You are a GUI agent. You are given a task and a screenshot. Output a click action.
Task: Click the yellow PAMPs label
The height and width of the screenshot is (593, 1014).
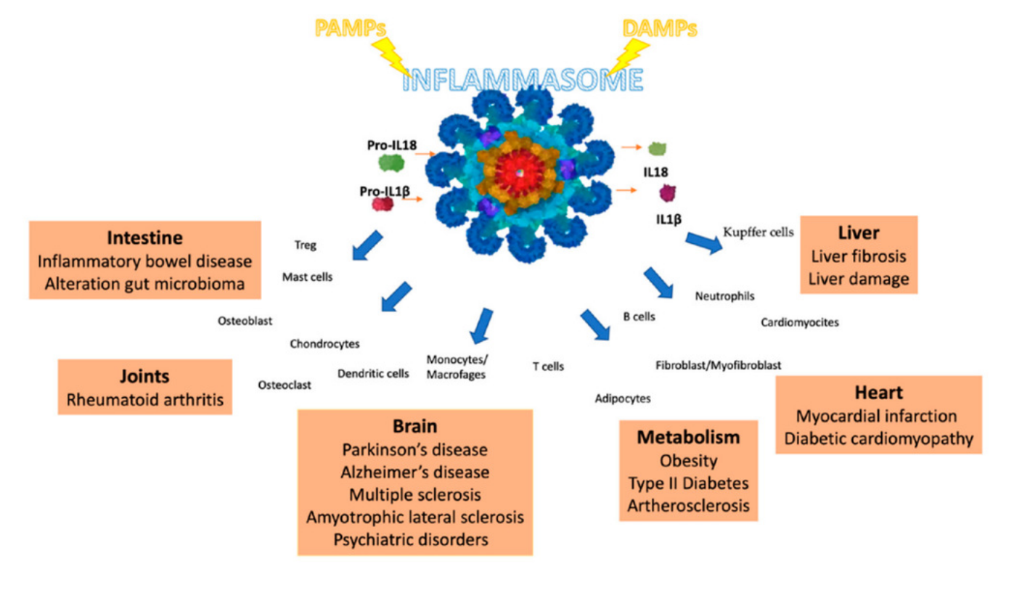(x=351, y=28)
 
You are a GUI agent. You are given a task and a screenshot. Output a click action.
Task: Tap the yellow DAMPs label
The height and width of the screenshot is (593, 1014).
(x=660, y=28)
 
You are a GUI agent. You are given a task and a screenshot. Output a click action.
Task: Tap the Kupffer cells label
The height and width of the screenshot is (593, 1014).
(x=759, y=232)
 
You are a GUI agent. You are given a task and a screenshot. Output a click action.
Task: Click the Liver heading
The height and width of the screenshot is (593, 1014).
(x=859, y=233)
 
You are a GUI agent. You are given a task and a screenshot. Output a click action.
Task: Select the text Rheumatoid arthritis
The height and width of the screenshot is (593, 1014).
(x=145, y=398)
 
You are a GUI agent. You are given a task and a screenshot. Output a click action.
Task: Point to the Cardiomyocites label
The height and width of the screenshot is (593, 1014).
(x=800, y=322)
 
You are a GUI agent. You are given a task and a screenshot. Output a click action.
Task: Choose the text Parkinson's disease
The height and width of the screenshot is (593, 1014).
(x=414, y=449)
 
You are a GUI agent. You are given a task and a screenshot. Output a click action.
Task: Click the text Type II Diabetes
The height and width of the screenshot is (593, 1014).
(x=688, y=483)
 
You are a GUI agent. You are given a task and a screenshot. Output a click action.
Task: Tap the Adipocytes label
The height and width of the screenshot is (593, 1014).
(x=623, y=398)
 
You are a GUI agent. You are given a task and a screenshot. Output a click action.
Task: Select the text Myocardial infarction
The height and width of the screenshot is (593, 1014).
(x=877, y=416)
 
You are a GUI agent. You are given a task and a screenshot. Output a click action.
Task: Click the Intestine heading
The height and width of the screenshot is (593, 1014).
(x=144, y=237)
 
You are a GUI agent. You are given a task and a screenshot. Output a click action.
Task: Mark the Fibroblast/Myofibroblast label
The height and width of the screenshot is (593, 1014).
(x=718, y=364)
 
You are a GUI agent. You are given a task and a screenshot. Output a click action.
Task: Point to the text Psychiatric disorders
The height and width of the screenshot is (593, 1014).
(x=414, y=539)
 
